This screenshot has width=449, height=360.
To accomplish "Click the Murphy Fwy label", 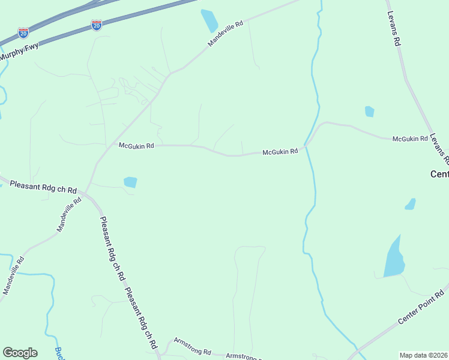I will pyautogui.click(x=19, y=52).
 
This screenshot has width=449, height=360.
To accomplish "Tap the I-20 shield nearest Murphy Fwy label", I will pyautogui.click(x=23, y=32).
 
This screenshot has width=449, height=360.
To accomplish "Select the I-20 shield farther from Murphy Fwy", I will pyautogui.click(x=97, y=25).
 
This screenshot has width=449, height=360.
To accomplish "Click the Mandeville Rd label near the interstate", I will pyautogui.click(x=226, y=34).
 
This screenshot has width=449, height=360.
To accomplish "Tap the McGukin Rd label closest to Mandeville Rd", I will pyautogui.click(x=136, y=145).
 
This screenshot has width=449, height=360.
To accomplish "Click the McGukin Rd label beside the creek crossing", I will pyautogui.click(x=280, y=152).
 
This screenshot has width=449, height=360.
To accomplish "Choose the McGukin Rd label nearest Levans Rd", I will pyautogui.click(x=410, y=139).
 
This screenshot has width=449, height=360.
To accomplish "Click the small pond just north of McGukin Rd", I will pyautogui.click(x=370, y=112).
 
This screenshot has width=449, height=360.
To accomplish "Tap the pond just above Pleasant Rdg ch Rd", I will pyautogui.click(x=130, y=182).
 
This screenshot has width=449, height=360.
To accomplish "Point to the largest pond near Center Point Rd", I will pyautogui.click(x=394, y=259).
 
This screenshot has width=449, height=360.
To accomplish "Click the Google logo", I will pyautogui.click(x=20, y=353).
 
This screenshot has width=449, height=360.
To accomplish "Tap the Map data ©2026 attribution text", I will pyautogui.click(x=424, y=355).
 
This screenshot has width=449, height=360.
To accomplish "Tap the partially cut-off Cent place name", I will pyautogui.click(x=439, y=174).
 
